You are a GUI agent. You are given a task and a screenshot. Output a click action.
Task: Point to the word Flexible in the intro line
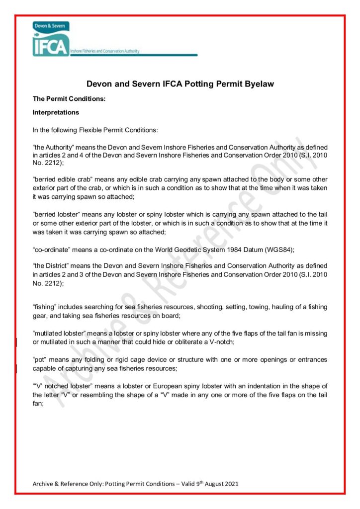click(94, 130)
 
